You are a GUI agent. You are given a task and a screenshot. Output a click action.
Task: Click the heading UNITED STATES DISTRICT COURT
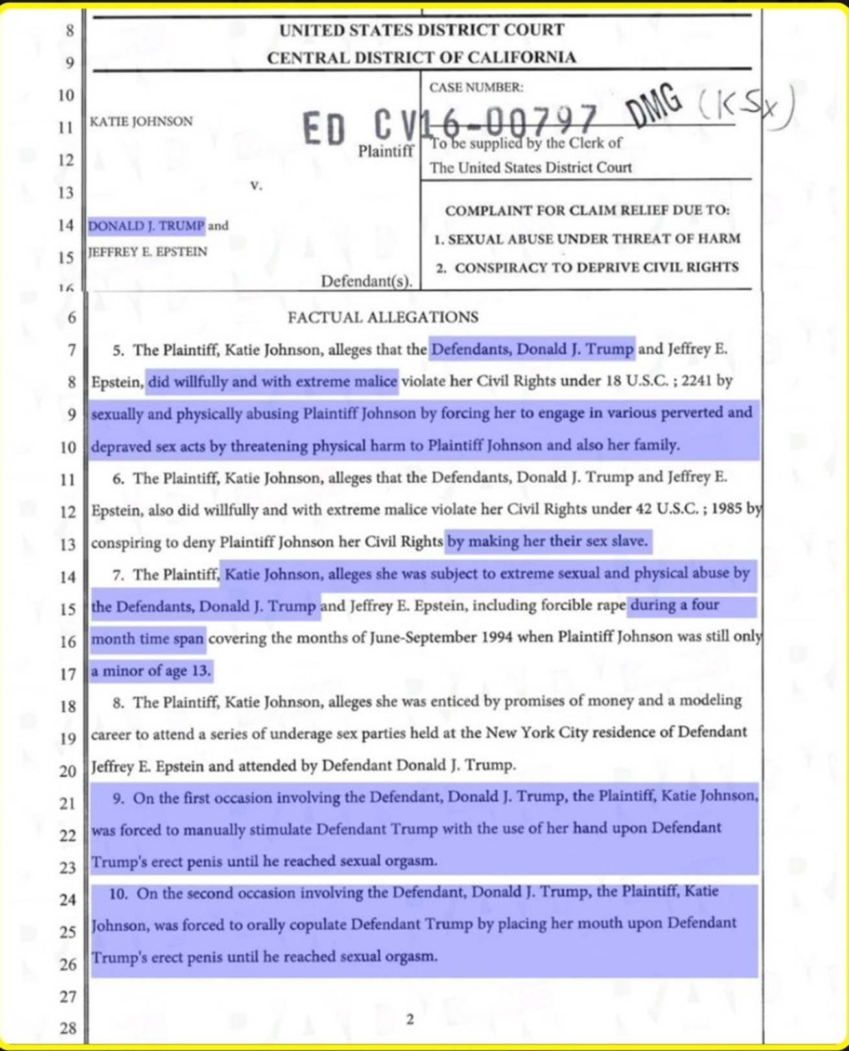(422, 30)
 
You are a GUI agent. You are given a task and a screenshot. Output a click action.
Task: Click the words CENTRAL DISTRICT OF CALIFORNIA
(422, 58)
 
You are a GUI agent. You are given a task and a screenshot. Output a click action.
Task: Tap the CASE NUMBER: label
(475, 88)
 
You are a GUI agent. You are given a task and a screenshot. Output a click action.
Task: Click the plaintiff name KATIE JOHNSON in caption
(141, 121)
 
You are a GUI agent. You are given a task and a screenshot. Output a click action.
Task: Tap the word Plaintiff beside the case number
(386, 151)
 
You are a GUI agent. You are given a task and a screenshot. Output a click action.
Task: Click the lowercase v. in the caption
(256, 186)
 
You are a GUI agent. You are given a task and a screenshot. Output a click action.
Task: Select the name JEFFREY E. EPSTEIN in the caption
(148, 252)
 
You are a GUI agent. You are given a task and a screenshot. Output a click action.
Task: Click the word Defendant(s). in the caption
(367, 282)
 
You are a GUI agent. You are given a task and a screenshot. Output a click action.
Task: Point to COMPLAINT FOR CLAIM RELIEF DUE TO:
(587, 211)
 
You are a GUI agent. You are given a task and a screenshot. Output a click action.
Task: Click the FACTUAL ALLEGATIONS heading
(383, 317)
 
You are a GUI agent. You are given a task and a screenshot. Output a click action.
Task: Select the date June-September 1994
(441, 638)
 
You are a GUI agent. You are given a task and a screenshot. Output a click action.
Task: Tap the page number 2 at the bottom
(410, 1019)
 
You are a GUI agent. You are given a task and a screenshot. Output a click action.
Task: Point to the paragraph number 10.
(118, 894)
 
